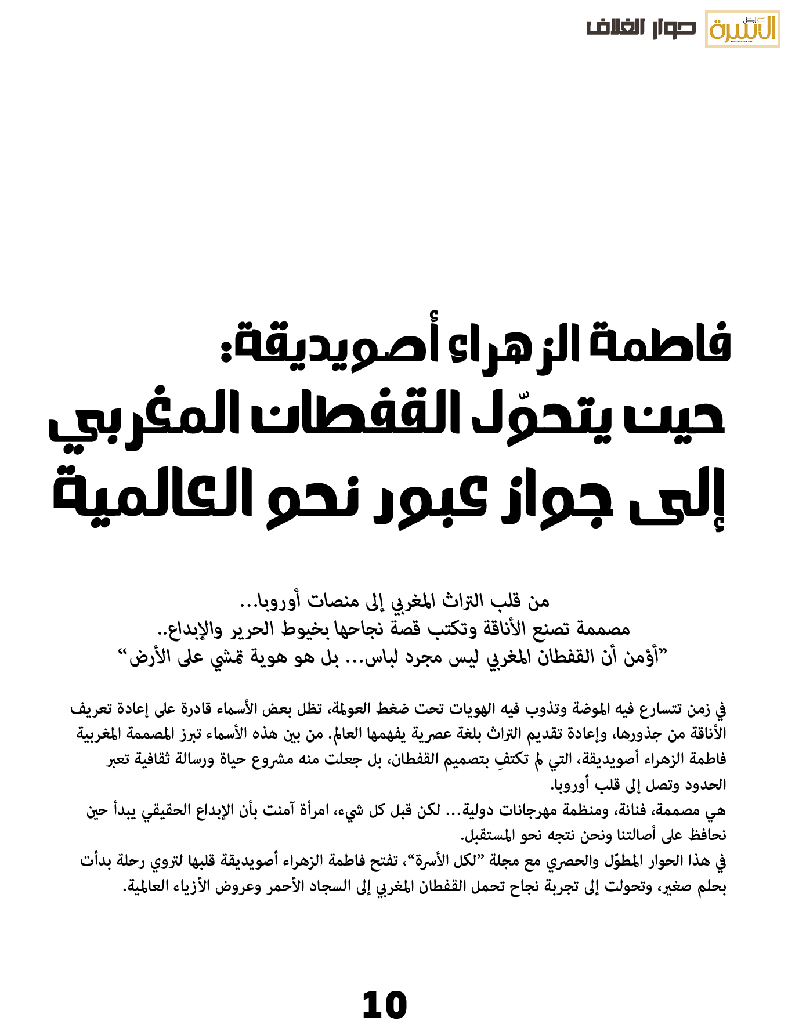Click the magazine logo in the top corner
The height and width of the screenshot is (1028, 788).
coord(742,28)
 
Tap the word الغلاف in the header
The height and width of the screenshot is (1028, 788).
coord(615,28)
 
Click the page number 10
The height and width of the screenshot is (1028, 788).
coord(384,1005)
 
